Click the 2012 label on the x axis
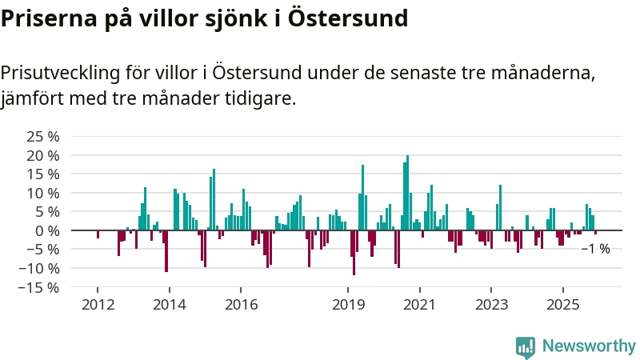(98, 305)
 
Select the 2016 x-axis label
(241, 305)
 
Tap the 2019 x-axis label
(349, 305)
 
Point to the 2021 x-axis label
(420, 305)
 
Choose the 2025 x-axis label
(563, 305)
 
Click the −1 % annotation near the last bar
(595, 249)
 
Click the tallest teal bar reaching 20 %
(407, 192)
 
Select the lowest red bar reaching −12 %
(354, 253)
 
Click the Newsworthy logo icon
(526, 346)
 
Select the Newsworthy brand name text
(589, 346)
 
